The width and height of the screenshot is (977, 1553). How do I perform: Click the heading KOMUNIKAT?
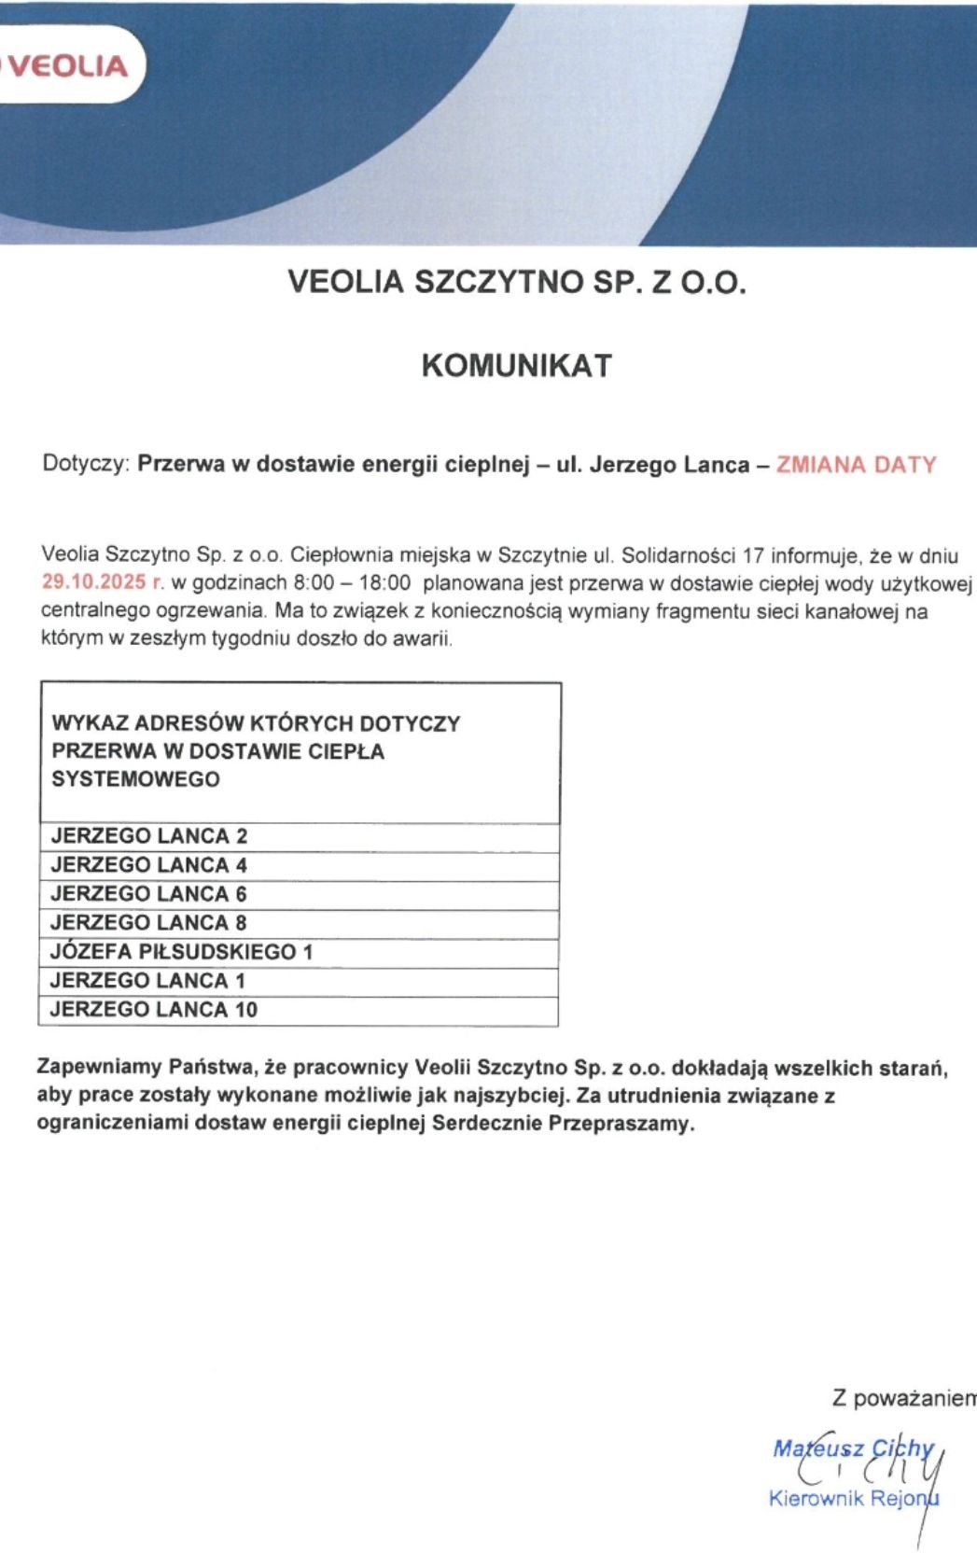pyautogui.click(x=516, y=365)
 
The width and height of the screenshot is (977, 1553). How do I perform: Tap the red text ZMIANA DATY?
pyautogui.click(x=856, y=465)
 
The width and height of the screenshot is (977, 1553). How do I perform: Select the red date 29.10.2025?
pyautogui.click(x=93, y=582)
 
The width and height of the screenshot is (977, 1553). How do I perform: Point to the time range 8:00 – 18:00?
pyautogui.click(x=352, y=583)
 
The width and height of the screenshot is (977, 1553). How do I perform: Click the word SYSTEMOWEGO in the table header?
pyautogui.click(x=136, y=779)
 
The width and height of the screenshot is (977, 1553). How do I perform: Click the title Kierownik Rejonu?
pyautogui.click(x=853, y=1499)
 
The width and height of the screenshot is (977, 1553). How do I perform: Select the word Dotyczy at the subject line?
pyautogui.click(x=84, y=465)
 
